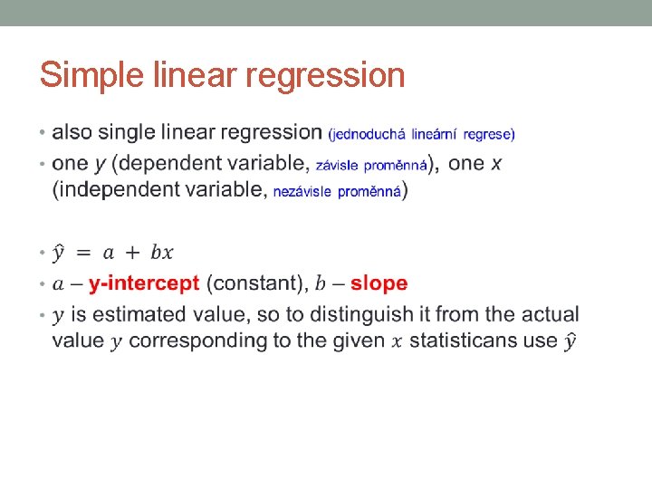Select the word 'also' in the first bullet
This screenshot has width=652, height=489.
click(72, 132)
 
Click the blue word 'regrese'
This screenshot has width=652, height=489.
click(489, 135)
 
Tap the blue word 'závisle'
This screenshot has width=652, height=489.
click(336, 166)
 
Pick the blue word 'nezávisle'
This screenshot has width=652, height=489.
click(302, 192)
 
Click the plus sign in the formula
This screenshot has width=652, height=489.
click(133, 253)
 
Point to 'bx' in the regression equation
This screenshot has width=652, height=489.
click(161, 252)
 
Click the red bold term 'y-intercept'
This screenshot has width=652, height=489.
click(144, 283)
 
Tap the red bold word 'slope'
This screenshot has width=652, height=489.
click(379, 283)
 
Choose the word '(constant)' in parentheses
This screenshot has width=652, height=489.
click(256, 283)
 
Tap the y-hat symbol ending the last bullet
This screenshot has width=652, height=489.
click(570, 340)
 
